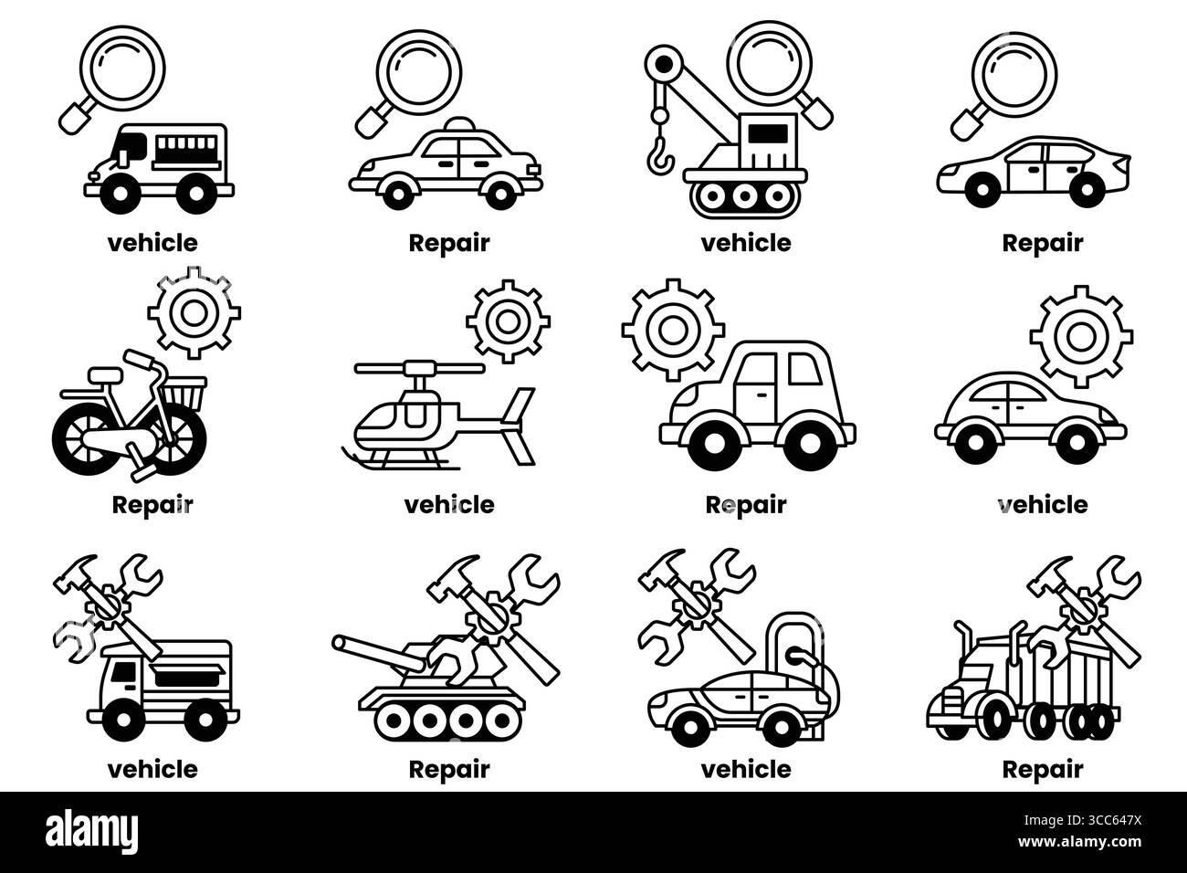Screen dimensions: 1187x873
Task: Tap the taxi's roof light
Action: pyautogui.click(x=459, y=125)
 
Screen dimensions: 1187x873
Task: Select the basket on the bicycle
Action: pyautogui.click(x=184, y=394)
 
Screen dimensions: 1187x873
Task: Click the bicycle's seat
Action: pyautogui.click(x=105, y=375)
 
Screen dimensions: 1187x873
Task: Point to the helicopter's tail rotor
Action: pyautogui.click(x=520, y=426)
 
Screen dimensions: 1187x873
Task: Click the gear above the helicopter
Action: pyautogui.click(x=509, y=321)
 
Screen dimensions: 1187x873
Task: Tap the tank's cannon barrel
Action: pyautogui.click(x=379, y=653)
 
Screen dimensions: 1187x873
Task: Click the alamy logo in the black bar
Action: pyautogui.click(x=91, y=831)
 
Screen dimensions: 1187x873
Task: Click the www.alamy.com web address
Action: pyautogui.click(x=1079, y=842)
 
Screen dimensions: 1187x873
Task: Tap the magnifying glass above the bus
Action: pyautogui.click(x=111, y=79)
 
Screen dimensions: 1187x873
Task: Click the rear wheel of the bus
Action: pyautogui.click(x=196, y=193)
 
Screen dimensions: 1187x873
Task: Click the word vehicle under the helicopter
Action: pyautogui.click(x=449, y=505)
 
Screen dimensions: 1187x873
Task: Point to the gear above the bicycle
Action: pyautogui.click(x=194, y=312)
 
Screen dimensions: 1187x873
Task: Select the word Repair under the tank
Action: pyautogui.click(x=449, y=770)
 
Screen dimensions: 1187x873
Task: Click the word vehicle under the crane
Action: pyautogui.click(x=746, y=244)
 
